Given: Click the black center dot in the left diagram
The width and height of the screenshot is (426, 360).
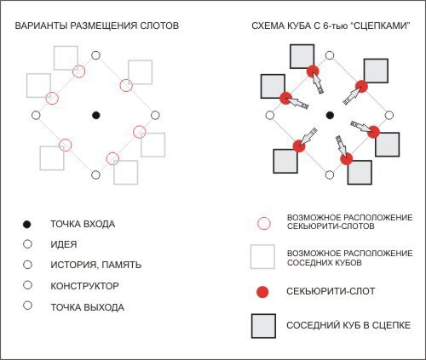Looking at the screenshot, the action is tap(96, 115).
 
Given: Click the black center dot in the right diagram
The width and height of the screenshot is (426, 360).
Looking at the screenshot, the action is tap(330, 115).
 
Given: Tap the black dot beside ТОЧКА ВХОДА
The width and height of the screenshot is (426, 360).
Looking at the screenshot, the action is tap(26, 225).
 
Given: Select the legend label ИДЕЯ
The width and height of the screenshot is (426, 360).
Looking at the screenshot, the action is tap(64, 244).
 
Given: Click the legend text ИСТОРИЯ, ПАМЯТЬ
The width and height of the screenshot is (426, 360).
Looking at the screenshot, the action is tap(96, 265).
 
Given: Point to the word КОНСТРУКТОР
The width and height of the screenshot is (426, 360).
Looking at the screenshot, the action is tap(84, 286).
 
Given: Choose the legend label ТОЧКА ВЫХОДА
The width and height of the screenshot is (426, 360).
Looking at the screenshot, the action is tap(88, 307).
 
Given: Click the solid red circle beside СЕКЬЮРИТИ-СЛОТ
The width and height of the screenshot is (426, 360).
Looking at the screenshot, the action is tap(262, 292).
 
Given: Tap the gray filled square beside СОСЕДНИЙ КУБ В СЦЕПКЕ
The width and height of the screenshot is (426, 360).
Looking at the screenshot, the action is tap(263, 326).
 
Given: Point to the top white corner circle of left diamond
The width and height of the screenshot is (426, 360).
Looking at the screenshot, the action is tap(96, 55).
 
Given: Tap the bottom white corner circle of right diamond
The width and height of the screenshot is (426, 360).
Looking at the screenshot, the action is tap(330, 175).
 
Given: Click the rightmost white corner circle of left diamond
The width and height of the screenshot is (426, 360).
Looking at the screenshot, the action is tap(155, 115).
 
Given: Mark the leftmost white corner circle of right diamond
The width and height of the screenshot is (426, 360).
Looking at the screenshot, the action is tap(270, 115).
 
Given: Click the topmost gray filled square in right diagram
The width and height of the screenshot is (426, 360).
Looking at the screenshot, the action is tap(302, 56).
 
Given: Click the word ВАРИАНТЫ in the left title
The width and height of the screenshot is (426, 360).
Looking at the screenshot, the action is tap(41, 26).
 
